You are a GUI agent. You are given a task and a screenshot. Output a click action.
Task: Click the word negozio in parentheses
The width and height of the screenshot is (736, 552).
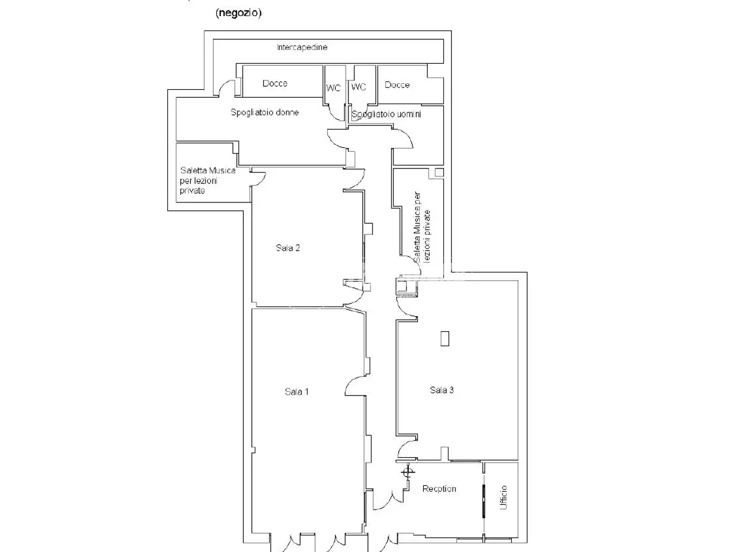point(239,13)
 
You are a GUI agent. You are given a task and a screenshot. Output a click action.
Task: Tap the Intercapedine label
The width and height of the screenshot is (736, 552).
point(302,47)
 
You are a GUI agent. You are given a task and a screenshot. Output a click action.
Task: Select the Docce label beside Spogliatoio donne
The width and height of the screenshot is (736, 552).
point(275,83)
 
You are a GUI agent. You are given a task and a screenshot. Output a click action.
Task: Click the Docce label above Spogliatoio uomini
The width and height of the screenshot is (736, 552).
point(397,85)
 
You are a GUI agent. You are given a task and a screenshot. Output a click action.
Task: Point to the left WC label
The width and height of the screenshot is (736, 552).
point(333,88)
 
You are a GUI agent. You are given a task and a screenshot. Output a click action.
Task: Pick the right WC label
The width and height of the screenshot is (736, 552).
point(358,87)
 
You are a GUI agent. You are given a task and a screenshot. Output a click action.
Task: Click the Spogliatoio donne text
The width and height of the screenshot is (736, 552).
point(264,112)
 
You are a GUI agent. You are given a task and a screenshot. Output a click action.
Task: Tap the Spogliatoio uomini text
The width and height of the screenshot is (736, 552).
point(386,114)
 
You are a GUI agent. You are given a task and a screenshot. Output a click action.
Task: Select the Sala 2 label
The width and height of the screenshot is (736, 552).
point(287,248)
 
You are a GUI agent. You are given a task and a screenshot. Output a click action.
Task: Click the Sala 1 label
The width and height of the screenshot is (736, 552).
point(296,392)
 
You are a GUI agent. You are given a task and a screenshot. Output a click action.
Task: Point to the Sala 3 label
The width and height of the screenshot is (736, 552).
point(442,390)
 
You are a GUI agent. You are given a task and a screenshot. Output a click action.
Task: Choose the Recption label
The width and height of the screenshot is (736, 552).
point(439,489)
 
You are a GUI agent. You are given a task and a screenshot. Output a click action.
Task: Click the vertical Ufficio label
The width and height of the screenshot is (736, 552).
point(503,497)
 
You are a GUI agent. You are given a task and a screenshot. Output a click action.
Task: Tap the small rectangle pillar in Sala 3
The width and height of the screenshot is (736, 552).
point(444,338)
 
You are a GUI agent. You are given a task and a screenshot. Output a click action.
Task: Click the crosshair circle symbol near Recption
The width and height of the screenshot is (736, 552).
point(408,473)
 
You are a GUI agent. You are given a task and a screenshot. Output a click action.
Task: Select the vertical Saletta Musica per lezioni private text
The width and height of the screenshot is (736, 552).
point(421,228)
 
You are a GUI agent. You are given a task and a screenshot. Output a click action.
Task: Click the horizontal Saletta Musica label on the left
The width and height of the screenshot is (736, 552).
point(208,181)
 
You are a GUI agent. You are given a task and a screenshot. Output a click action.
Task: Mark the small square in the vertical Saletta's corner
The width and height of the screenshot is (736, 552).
point(439,172)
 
